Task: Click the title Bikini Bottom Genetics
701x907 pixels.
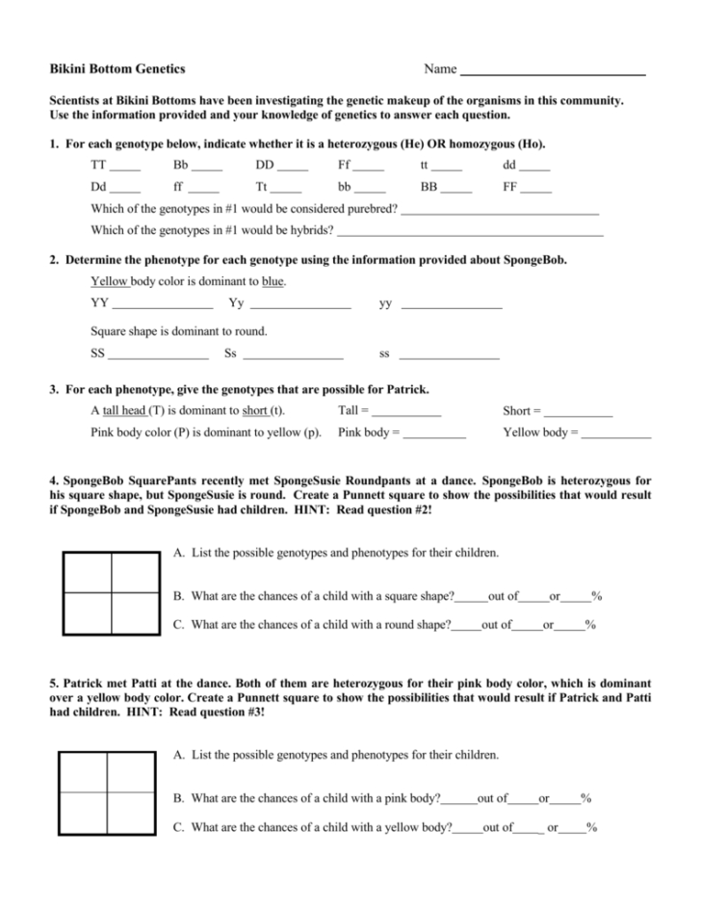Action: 117,69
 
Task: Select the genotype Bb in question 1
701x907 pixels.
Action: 180,165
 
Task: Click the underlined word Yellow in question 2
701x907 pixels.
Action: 109,282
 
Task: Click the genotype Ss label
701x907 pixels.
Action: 230,353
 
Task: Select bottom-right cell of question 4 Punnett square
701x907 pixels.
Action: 134,615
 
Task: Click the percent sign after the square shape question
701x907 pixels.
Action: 597,596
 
